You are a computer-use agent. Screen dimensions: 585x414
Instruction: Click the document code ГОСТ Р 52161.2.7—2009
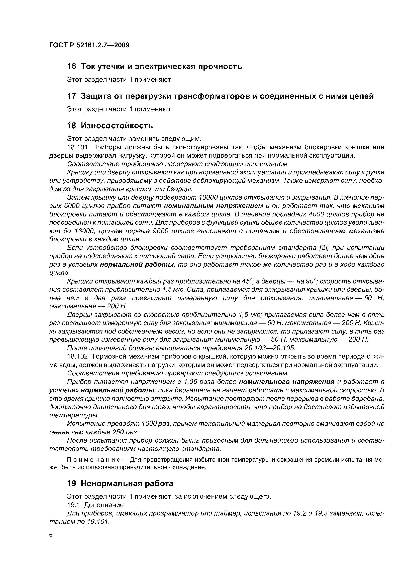coord(89,45)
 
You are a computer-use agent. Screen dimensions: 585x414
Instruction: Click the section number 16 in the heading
coord(71,67)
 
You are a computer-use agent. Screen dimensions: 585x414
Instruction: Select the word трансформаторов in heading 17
coord(212,96)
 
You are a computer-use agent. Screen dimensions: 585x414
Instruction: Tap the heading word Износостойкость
coord(117,126)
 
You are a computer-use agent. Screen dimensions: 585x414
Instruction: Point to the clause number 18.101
coord(77,147)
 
